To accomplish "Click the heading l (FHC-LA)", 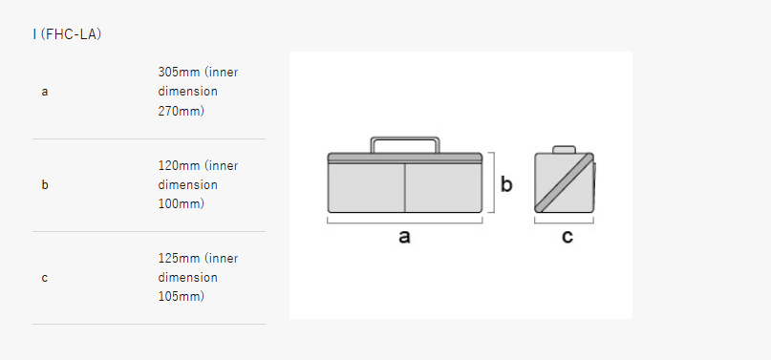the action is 67,35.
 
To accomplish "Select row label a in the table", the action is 45,92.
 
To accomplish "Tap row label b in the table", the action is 45,184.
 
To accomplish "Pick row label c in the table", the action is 45,278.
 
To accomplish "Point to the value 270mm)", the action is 181,111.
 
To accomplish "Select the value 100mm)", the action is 181,203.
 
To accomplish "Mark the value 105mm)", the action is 181,297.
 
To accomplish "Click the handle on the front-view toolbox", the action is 405,138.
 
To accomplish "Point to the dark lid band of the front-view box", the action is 405,158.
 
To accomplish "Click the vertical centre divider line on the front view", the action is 405,187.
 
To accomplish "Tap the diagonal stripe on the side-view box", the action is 564,182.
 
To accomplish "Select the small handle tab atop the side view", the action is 564,149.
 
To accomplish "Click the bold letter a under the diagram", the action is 404,237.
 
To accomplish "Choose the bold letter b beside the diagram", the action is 506,184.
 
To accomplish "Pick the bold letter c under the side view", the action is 568,237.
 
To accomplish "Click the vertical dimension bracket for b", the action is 492,182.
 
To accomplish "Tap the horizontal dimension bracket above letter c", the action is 564,222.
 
